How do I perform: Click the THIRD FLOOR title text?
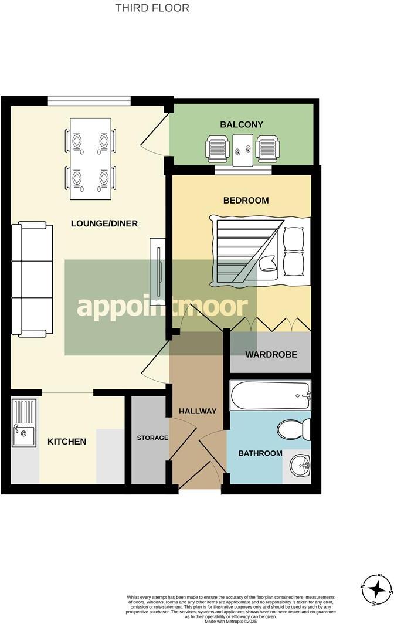(x=152, y=8)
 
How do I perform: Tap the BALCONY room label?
(x=242, y=124)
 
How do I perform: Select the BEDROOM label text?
(x=246, y=200)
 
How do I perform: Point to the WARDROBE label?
(x=271, y=355)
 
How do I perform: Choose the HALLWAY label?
(x=198, y=411)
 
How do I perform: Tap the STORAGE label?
(x=152, y=438)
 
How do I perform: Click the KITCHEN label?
(x=67, y=442)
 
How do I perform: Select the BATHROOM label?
(x=260, y=453)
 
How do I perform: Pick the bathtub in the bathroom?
(x=270, y=396)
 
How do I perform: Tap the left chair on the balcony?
(x=218, y=148)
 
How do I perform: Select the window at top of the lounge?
(x=89, y=100)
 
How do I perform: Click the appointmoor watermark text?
(x=162, y=307)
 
